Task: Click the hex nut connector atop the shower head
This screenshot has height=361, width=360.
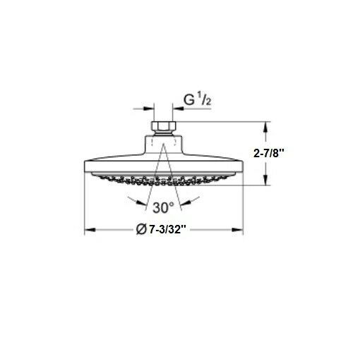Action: (x=164, y=128)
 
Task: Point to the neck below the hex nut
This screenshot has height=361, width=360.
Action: (x=164, y=140)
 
